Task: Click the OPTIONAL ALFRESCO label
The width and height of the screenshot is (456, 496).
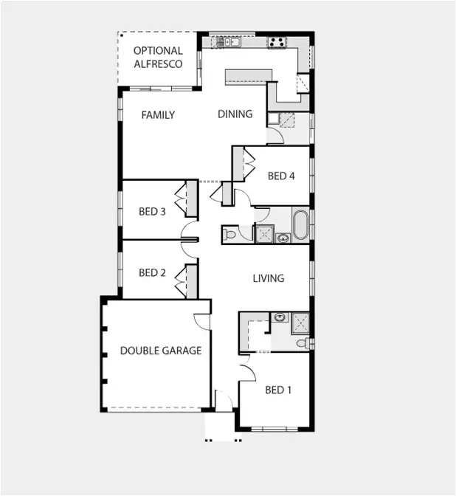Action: [158, 58]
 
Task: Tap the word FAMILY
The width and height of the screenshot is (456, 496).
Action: [158, 115]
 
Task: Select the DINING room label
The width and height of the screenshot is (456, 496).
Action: [235, 114]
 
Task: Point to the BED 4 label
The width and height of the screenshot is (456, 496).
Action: [281, 176]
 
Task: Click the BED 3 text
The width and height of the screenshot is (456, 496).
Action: [152, 212]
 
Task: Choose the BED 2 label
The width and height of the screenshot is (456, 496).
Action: [152, 273]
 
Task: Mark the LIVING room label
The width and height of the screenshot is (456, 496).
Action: [268, 278]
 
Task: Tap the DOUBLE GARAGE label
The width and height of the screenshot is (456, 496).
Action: [161, 351]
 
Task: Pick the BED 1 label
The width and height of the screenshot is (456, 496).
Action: [278, 390]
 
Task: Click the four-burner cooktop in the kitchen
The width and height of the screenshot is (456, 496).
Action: [277, 43]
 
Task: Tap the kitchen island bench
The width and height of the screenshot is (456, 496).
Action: [249, 75]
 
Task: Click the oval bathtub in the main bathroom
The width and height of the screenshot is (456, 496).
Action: [301, 225]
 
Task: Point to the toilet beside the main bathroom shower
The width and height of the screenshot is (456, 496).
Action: [230, 235]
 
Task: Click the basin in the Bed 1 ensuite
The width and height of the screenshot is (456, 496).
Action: [279, 318]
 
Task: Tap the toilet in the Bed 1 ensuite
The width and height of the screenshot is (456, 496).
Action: [303, 343]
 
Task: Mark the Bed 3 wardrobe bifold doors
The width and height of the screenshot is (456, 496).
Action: [180, 199]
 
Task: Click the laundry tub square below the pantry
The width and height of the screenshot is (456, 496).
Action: [273, 117]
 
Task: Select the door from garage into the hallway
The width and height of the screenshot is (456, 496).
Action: [201, 322]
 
